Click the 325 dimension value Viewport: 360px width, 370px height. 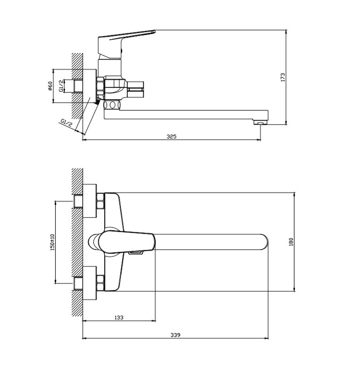[x=171, y=137]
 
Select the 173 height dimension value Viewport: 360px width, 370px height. [x=283, y=77]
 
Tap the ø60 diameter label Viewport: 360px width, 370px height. [x=50, y=86]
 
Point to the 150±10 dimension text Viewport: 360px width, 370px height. [x=52, y=242]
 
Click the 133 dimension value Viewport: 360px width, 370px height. [x=119, y=317]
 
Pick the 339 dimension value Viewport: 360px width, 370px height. [x=176, y=335]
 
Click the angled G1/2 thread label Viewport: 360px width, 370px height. [x=66, y=123]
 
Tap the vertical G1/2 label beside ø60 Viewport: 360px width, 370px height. [x=61, y=86]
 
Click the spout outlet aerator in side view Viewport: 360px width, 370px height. [x=260, y=122]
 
